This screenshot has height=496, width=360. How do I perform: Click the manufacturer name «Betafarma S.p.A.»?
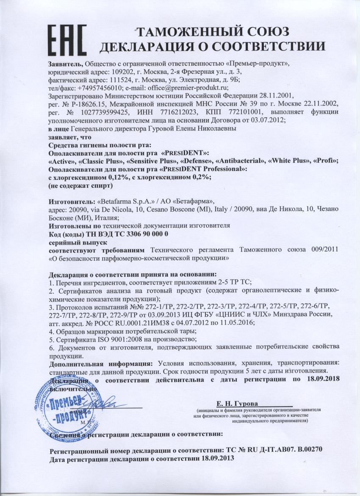(111, 201)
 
